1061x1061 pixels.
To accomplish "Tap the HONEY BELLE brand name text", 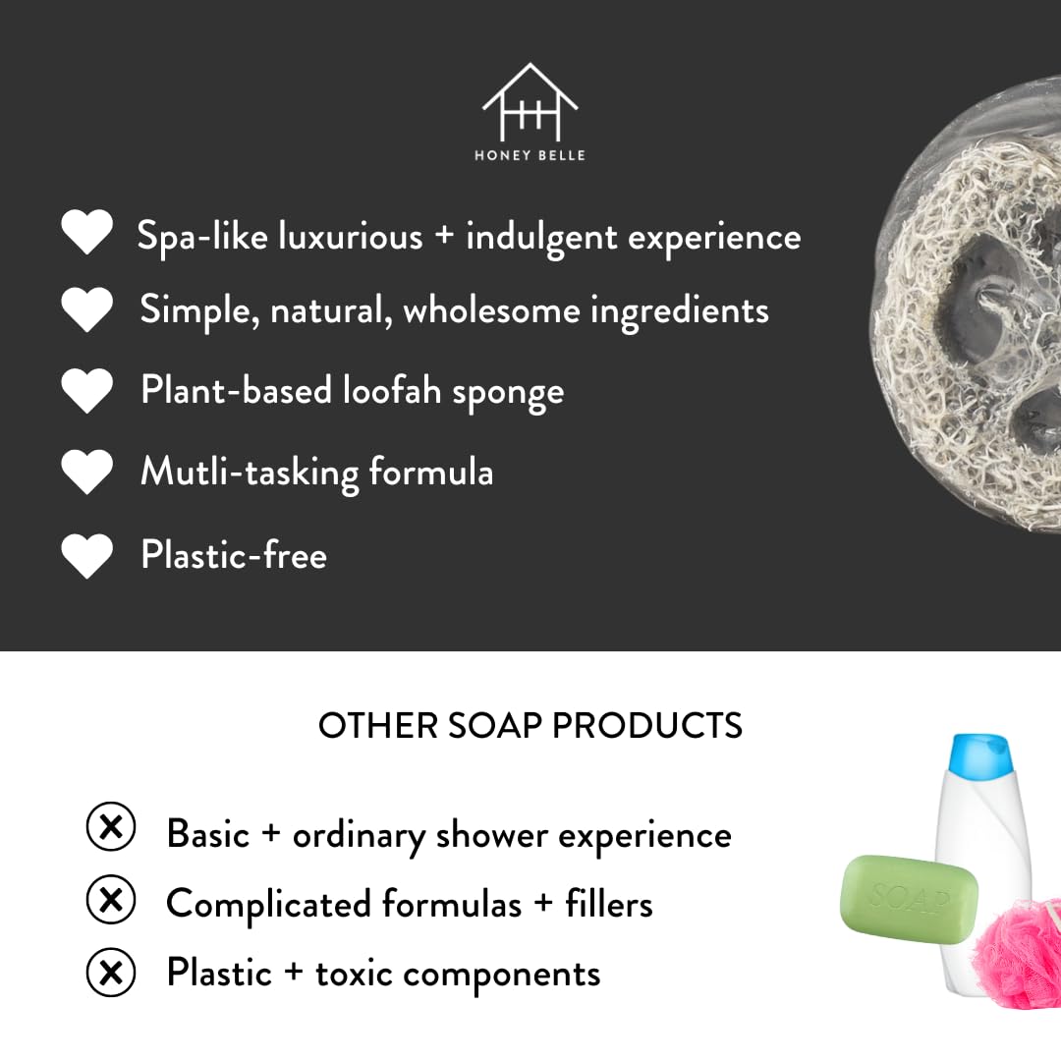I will pos(530,155).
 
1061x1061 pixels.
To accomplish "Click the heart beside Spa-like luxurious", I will pos(86,232).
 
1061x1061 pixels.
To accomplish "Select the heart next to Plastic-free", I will pos(86,556).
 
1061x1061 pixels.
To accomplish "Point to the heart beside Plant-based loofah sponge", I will pos(86,391).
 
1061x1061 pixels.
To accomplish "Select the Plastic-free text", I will pos(234,555).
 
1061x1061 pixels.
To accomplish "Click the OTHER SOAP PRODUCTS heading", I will pos(530,726).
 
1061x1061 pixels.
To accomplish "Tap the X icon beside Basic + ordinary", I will pos(111,827).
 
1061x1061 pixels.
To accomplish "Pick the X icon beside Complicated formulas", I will pos(111,900).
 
